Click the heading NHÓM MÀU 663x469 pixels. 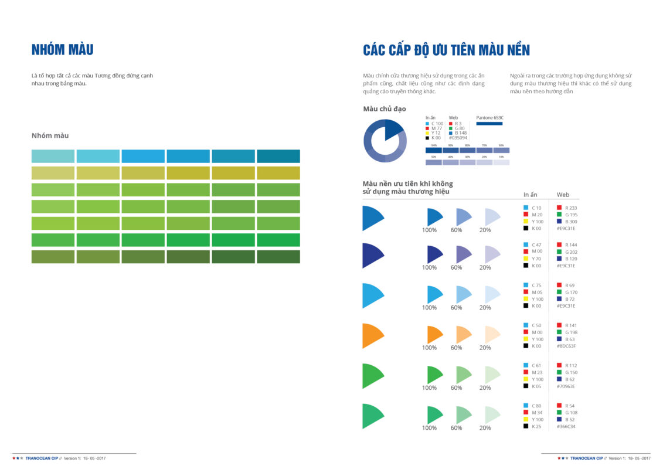(62, 50)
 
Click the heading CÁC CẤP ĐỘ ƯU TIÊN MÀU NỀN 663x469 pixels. (446, 50)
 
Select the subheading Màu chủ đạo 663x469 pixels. (384, 109)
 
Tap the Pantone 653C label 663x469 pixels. (489, 118)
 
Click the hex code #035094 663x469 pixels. (459, 138)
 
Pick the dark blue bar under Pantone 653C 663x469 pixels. (489, 124)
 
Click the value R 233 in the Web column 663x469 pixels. (570, 208)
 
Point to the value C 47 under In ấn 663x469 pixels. (536, 244)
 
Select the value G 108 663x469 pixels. (571, 412)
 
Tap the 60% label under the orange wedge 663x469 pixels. (456, 348)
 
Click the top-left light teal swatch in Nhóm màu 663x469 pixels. (53, 156)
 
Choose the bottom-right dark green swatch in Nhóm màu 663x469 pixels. (278, 257)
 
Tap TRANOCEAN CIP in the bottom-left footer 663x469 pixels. (43, 458)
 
